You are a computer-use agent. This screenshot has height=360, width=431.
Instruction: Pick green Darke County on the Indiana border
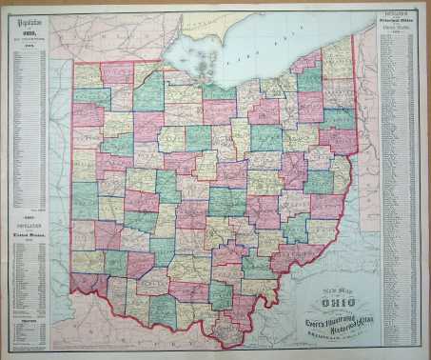point(84,199)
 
